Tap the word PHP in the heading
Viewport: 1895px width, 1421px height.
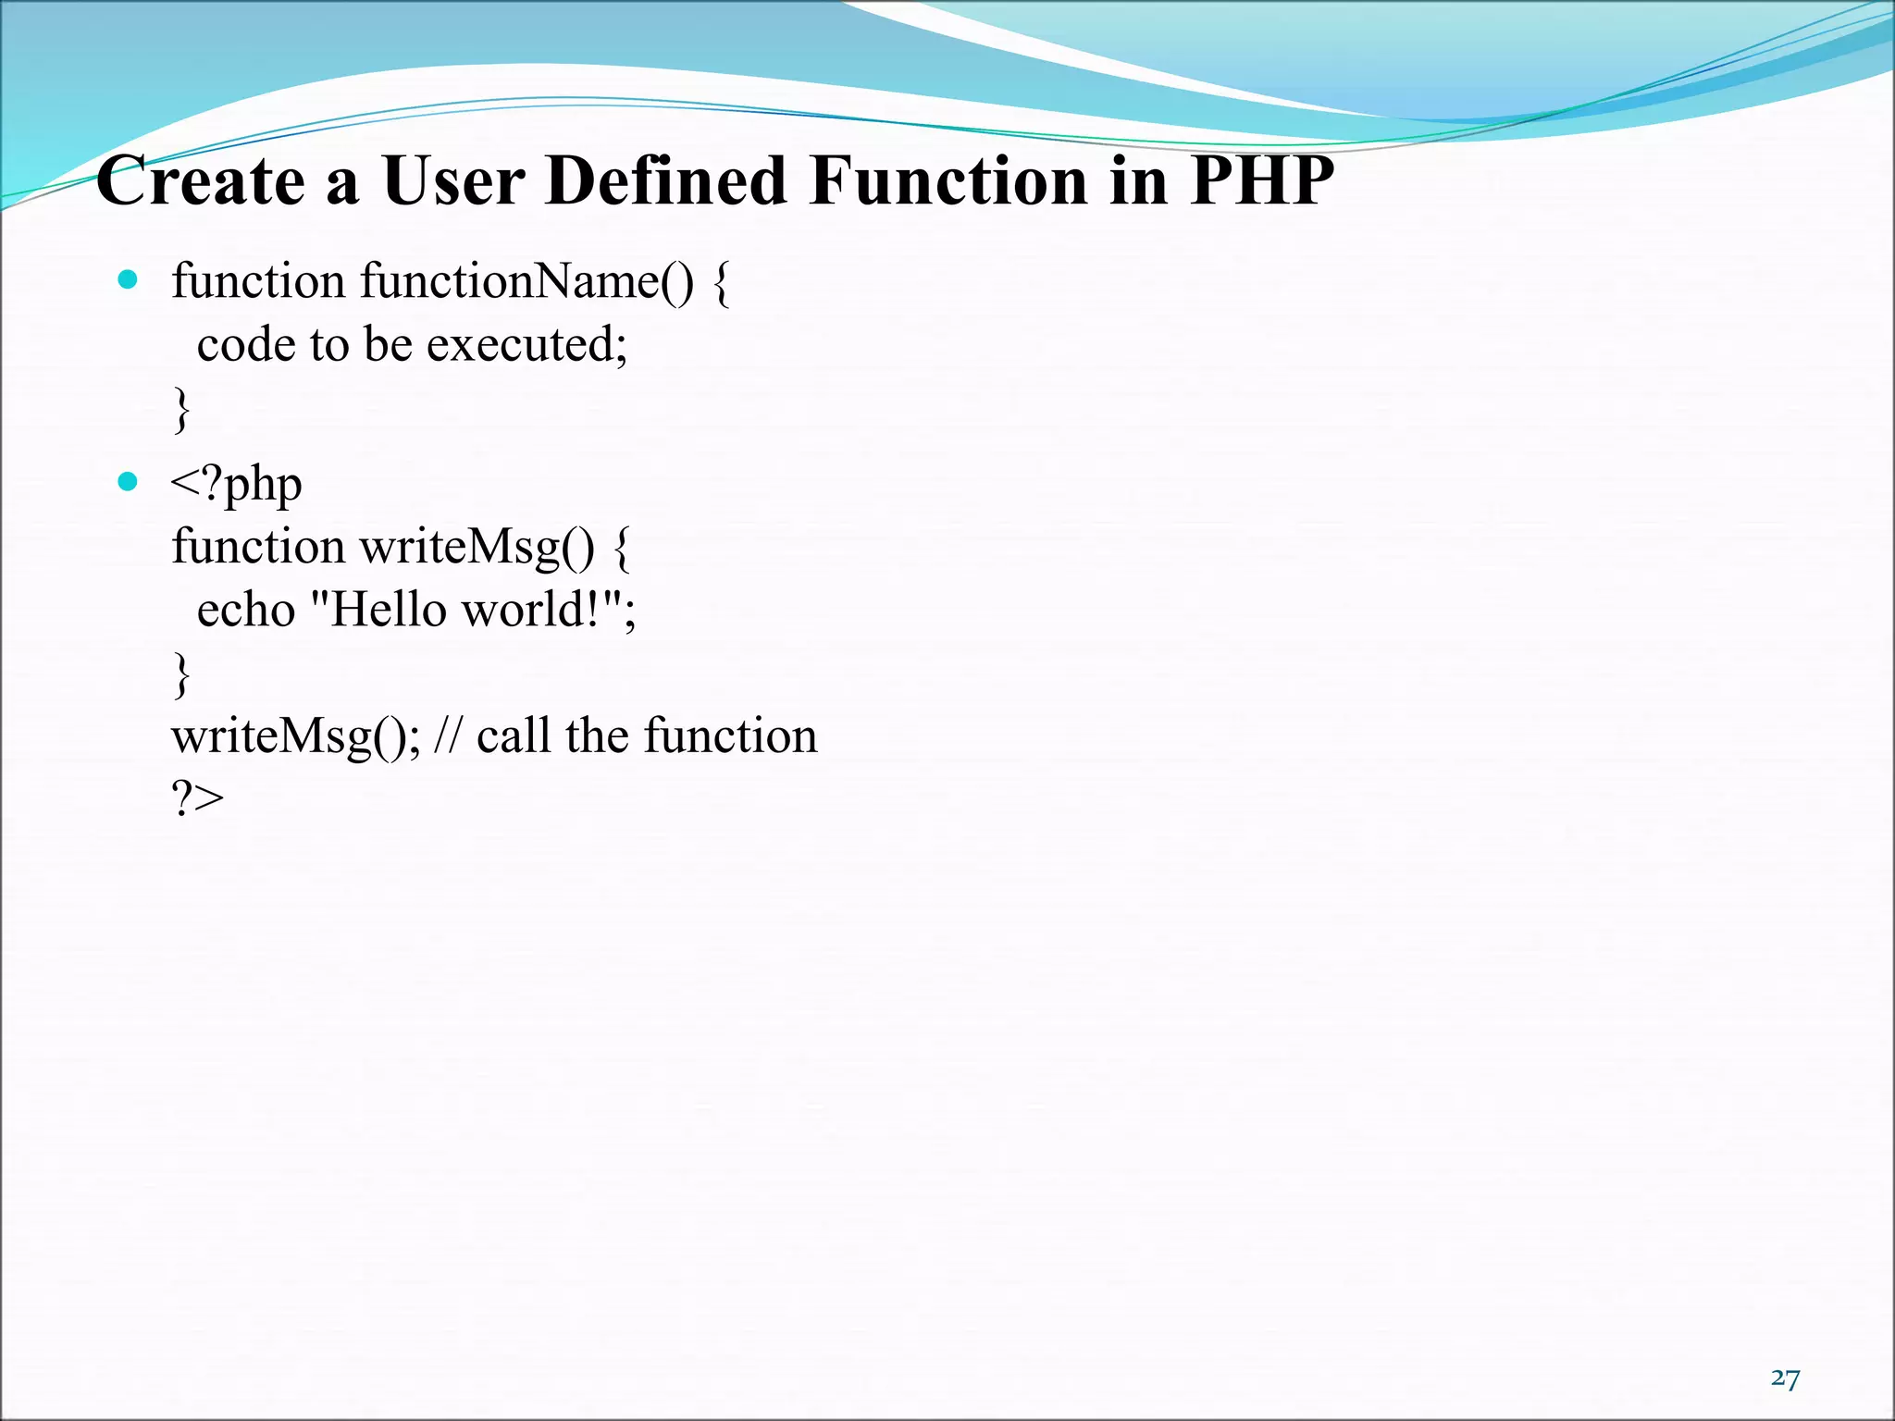tap(1262, 180)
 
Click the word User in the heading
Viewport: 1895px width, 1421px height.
tap(453, 180)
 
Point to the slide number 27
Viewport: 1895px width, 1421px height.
tap(1785, 1378)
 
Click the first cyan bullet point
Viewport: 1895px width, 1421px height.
tap(129, 279)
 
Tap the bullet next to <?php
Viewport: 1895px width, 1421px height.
tap(129, 481)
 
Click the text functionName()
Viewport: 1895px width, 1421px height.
tap(526, 281)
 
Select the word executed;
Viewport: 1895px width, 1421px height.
tap(526, 345)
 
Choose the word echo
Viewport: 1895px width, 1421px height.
tap(245, 611)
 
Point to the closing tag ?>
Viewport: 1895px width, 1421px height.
tap(197, 797)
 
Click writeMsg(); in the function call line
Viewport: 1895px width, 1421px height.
tap(296, 737)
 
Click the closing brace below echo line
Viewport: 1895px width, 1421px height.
tap(182, 674)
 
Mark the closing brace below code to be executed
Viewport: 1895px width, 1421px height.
tap(182, 409)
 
